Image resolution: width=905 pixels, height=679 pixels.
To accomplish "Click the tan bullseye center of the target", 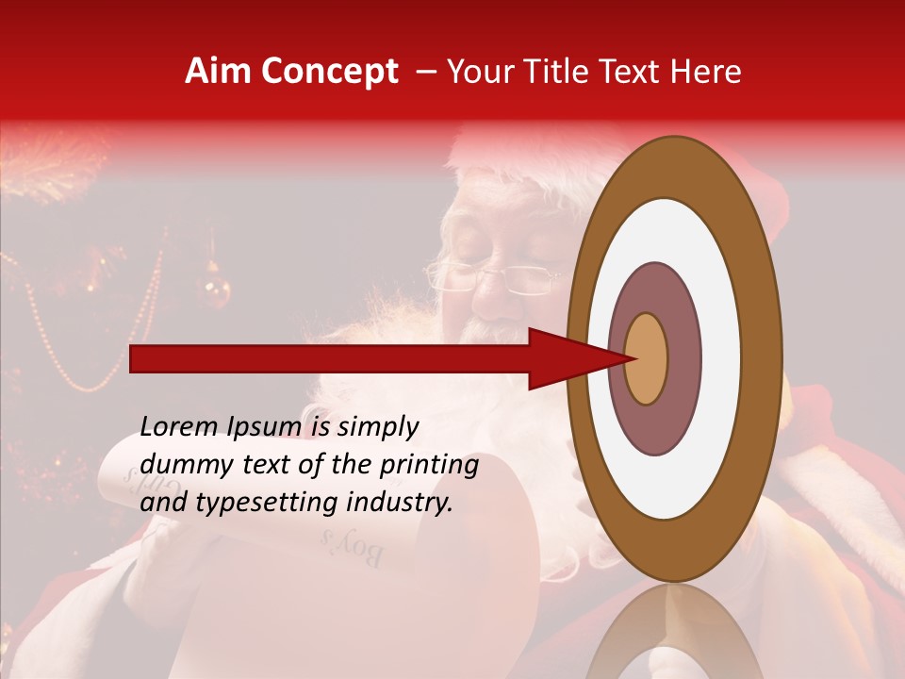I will [647, 358].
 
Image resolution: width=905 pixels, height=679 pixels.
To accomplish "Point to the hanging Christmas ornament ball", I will [216, 290].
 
